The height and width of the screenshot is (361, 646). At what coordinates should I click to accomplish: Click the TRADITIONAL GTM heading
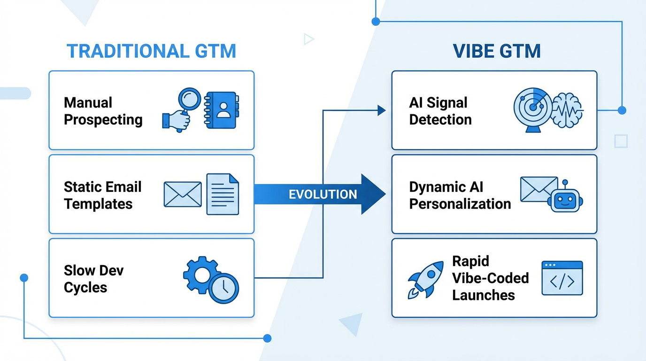click(x=151, y=51)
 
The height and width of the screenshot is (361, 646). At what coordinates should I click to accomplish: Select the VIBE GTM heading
click(x=497, y=51)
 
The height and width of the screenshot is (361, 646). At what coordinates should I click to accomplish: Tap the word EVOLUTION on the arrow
click(x=323, y=194)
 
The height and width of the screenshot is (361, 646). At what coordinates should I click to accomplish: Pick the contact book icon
click(x=222, y=110)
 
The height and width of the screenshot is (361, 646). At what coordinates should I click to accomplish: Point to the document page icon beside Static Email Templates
click(x=223, y=194)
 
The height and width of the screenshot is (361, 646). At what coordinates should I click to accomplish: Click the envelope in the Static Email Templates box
click(x=182, y=194)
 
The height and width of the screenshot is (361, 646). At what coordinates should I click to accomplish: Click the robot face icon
click(x=565, y=200)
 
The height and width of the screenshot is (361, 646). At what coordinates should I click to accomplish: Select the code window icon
click(x=562, y=278)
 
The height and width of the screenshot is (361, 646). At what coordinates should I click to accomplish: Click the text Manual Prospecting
click(x=103, y=111)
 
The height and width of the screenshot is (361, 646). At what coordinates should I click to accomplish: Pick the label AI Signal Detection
click(x=440, y=111)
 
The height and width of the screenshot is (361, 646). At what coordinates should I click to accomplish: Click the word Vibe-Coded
click(x=490, y=278)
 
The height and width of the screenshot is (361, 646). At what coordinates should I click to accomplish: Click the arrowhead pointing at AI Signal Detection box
click(x=381, y=110)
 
